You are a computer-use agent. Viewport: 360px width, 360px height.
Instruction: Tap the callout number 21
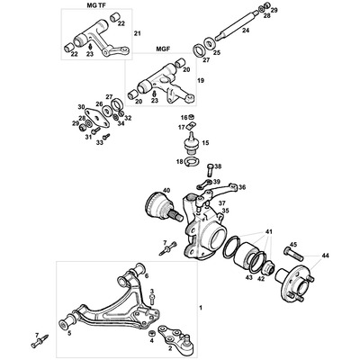point(138,33)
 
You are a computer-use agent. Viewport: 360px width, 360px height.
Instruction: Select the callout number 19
point(200,81)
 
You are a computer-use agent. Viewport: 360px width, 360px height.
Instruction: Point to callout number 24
point(245,30)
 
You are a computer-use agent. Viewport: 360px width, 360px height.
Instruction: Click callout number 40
point(165,190)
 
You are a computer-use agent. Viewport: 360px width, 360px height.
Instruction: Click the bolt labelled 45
point(279,252)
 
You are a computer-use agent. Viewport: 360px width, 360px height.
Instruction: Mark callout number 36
point(242,187)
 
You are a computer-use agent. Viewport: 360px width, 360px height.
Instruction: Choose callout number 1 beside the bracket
point(200,309)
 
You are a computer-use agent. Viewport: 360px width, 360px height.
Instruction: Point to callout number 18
point(179,162)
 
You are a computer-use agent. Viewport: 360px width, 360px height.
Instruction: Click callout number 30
point(81,107)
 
